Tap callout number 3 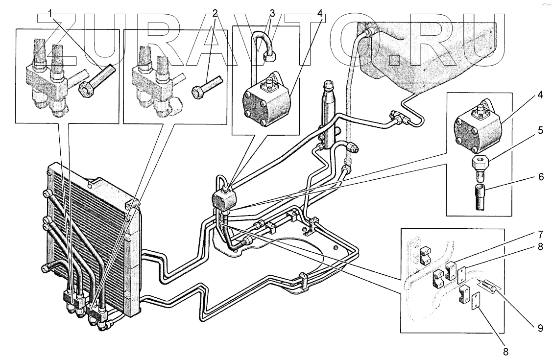coord(272,14)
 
